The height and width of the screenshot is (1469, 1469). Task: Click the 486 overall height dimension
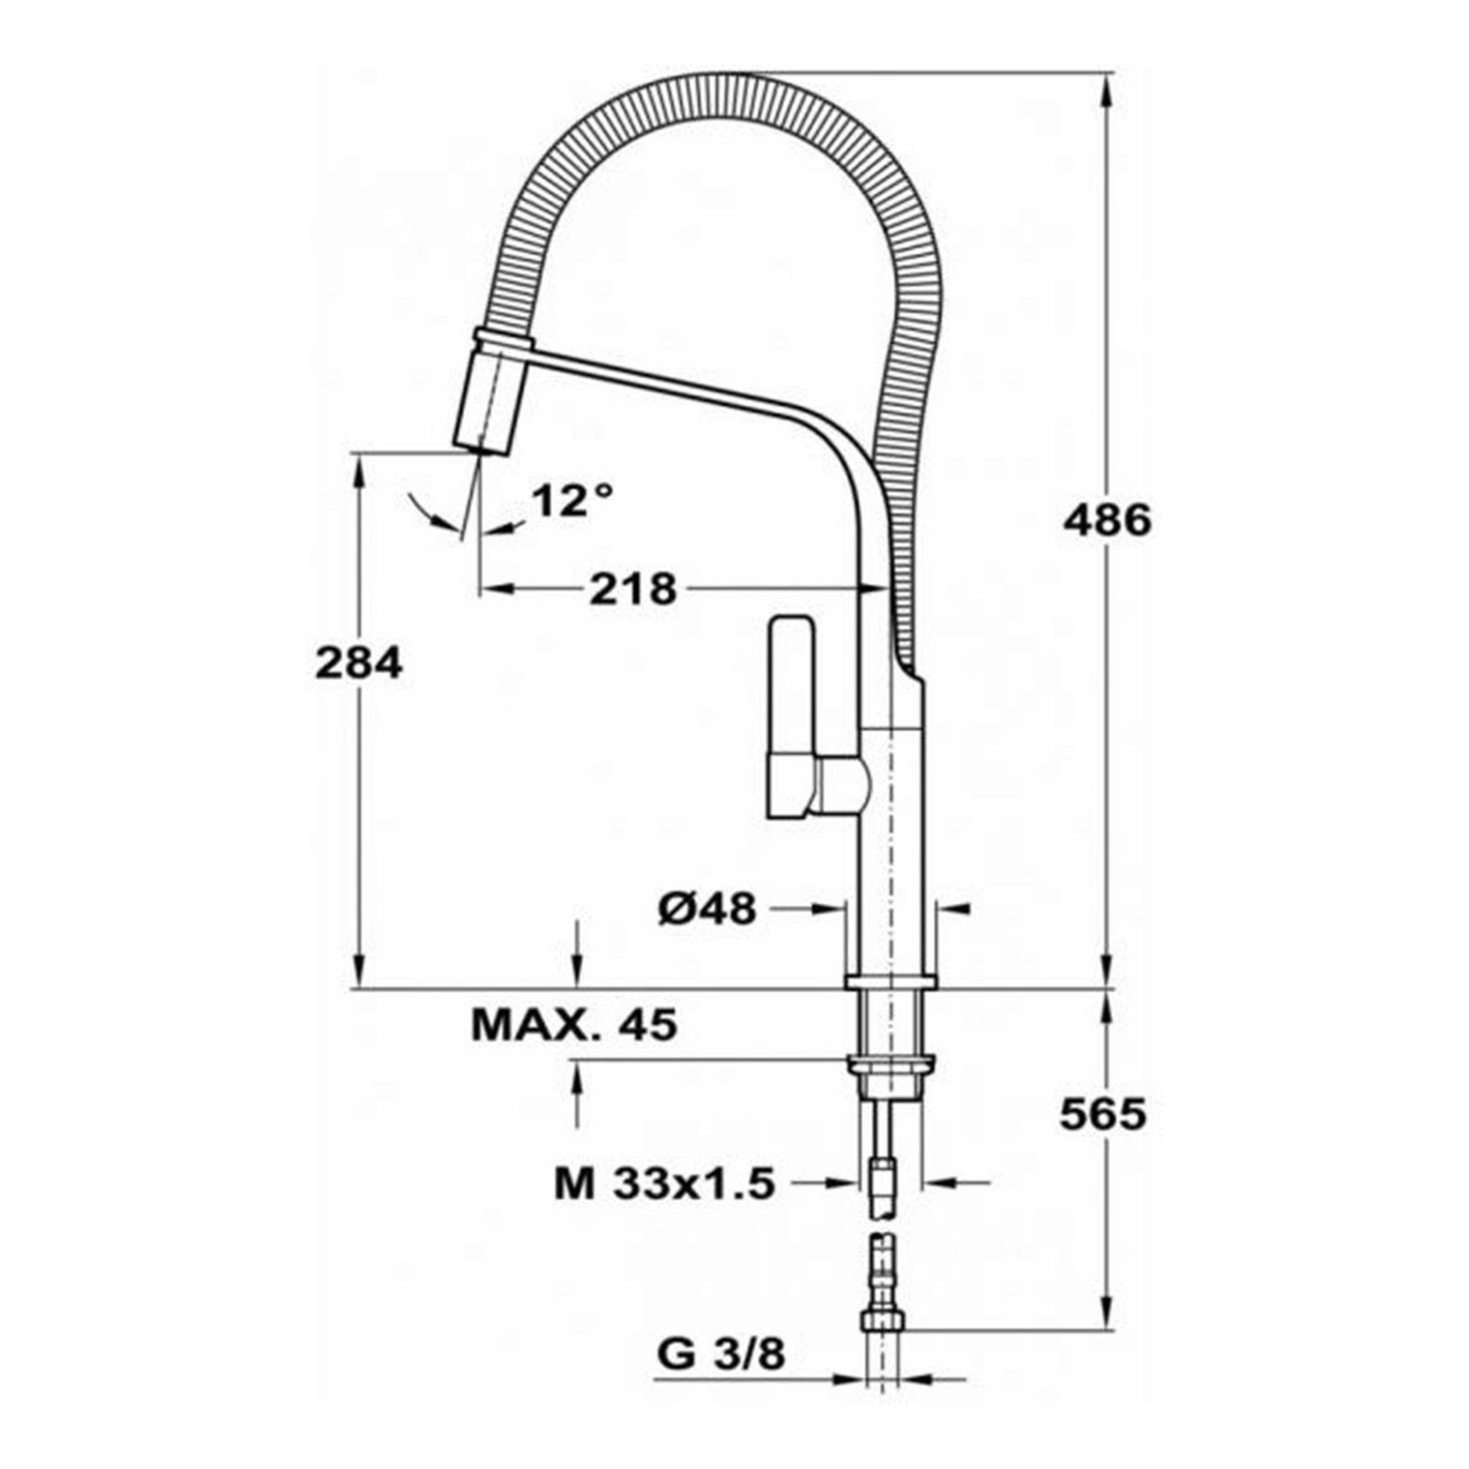click(1106, 521)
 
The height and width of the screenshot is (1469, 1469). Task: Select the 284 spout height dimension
click(358, 663)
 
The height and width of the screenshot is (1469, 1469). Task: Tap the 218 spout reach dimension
click(633, 589)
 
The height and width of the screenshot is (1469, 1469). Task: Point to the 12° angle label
click(572, 500)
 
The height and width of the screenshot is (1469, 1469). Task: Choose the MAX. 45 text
click(575, 1025)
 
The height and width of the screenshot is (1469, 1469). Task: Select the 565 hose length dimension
click(1104, 1114)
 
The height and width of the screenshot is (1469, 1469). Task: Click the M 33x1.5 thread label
click(665, 1183)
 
